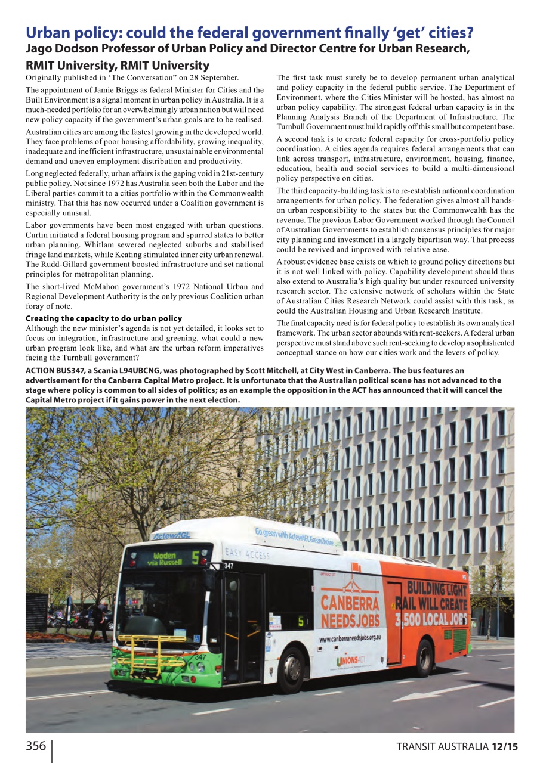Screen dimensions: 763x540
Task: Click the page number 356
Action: (36, 746)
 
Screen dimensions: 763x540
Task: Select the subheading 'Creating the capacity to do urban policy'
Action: (104, 318)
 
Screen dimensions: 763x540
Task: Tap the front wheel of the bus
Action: (291, 669)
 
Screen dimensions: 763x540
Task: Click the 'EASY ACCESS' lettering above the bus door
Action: (248, 554)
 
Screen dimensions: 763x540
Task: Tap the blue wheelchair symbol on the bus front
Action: (197, 638)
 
